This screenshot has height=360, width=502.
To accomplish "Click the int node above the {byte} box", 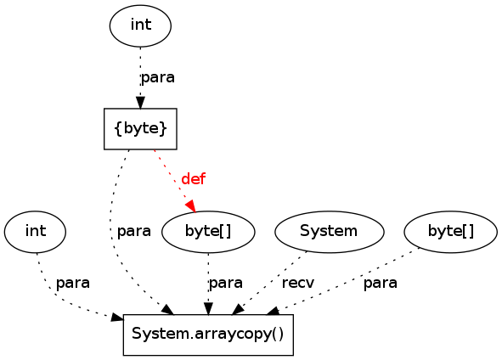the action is pyautogui.click(x=140, y=25).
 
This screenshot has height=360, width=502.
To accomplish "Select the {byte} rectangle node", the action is pyautogui.click(x=140, y=129).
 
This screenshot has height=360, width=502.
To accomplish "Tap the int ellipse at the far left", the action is pyautogui.click(x=35, y=232).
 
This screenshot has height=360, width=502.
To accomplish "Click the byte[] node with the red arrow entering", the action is pyautogui.click(x=208, y=232).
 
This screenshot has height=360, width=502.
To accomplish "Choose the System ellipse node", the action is pyautogui.click(x=329, y=232).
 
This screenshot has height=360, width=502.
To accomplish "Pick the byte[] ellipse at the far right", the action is pyautogui.click(x=451, y=232).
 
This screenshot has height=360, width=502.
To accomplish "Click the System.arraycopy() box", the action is pyautogui.click(x=208, y=335).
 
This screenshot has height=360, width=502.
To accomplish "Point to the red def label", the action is pyautogui.click(x=193, y=179).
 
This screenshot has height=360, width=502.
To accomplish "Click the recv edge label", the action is pyautogui.click(x=298, y=283).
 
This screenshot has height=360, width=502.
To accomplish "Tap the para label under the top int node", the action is pyautogui.click(x=158, y=78).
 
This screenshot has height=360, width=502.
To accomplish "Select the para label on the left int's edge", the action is pyautogui.click(x=73, y=284).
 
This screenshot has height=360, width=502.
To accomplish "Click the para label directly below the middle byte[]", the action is pyautogui.click(x=226, y=284).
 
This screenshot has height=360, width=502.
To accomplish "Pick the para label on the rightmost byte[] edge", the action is pyautogui.click(x=381, y=284).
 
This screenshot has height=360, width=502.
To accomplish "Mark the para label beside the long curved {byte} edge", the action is pyautogui.click(x=134, y=231).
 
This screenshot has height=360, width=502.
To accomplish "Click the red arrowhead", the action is pyautogui.click(x=191, y=205).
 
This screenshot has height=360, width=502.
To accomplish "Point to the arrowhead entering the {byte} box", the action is pyautogui.click(x=140, y=103).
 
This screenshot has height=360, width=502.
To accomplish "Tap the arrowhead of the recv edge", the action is pyautogui.click(x=238, y=310).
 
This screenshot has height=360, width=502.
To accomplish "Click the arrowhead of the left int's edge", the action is pyautogui.click(x=117, y=318).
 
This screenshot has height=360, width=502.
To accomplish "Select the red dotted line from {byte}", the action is pyautogui.click(x=173, y=179).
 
